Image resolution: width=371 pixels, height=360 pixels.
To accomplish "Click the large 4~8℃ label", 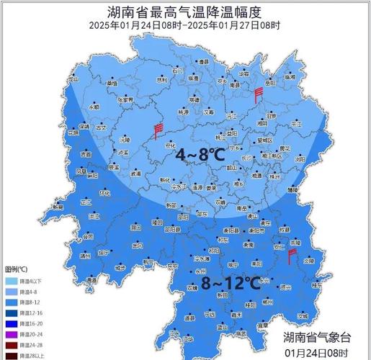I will click(x=201, y=154).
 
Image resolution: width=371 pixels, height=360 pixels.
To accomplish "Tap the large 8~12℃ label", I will click(x=231, y=282).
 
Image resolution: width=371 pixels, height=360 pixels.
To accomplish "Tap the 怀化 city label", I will click(x=104, y=193).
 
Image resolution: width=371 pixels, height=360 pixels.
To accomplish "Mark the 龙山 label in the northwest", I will click(x=73, y=80).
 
